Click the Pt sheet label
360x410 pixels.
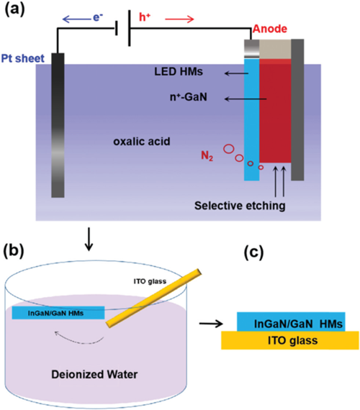(23, 58)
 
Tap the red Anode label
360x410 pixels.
(270, 29)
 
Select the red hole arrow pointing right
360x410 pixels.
(179, 19)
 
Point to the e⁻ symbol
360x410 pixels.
(98, 17)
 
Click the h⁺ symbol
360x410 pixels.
(145, 17)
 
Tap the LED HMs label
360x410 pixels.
(179, 72)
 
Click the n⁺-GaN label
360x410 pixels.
(189, 97)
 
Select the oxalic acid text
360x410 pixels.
(142, 142)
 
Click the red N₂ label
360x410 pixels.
(207, 156)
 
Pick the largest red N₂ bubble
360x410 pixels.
(228, 149)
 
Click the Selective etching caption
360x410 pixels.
(240, 206)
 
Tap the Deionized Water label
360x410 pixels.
(94, 375)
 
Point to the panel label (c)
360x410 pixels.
(253, 252)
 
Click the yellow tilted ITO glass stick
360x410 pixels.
(154, 298)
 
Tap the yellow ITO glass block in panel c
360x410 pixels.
(290, 340)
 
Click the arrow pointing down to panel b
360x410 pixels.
(89, 240)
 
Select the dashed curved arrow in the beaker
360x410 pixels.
(78, 338)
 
